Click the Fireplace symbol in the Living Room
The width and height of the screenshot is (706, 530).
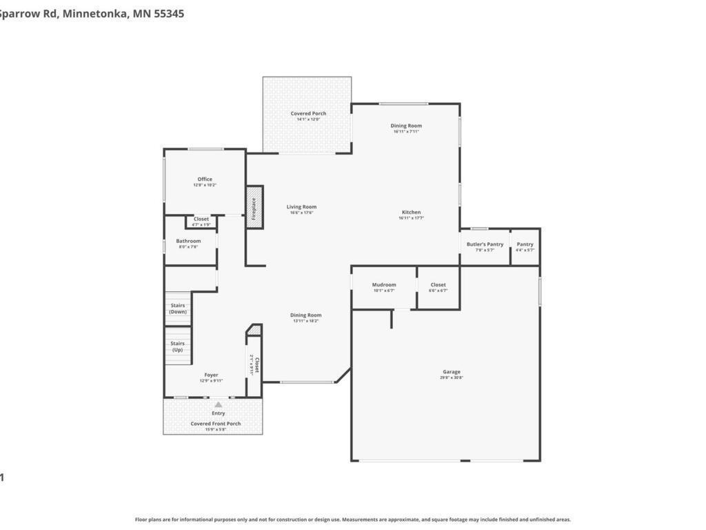click(x=254, y=207)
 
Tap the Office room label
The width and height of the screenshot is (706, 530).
click(x=205, y=179)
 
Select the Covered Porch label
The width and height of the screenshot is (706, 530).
click(x=308, y=113)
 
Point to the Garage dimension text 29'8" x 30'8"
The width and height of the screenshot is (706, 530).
click(x=452, y=377)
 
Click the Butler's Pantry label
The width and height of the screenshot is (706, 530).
click(x=485, y=244)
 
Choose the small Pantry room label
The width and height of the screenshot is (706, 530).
click(x=525, y=244)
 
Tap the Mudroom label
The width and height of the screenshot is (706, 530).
click(x=384, y=285)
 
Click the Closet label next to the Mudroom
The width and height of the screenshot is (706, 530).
click(x=438, y=285)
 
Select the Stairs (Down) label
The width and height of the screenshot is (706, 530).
click(x=178, y=308)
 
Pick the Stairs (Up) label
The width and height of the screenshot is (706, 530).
click(x=178, y=346)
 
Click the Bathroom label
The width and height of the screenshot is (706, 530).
click(x=188, y=241)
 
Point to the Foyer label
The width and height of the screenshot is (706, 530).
click(x=211, y=375)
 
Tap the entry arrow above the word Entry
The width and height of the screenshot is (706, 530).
click(x=218, y=404)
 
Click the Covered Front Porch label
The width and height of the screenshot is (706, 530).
click(x=216, y=424)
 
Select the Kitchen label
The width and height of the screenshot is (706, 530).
click(x=411, y=213)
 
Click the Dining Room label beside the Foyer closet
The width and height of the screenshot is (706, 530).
click(x=305, y=315)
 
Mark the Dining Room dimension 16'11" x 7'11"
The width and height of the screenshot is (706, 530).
click(x=406, y=132)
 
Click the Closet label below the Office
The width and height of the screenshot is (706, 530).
click(x=201, y=219)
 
